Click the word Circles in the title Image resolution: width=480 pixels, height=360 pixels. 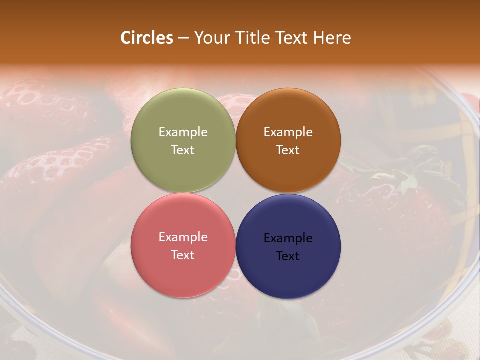[147, 38]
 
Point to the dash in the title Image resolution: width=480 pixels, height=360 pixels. [183, 38]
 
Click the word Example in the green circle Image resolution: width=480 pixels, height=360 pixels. [183, 132]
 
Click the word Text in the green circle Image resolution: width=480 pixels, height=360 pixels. [183, 150]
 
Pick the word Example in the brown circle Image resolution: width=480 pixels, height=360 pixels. [288, 132]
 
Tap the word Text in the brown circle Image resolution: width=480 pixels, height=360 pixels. [288, 150]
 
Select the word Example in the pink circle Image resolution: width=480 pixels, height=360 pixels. [183, 237]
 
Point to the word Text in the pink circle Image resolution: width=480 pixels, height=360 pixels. [183, 255]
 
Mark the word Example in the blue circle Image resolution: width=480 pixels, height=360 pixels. [288, 238]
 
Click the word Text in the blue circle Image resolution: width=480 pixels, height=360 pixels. [288, 256]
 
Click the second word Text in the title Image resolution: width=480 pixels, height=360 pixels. [292, 38]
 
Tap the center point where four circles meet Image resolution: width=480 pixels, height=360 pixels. [236, 193]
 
